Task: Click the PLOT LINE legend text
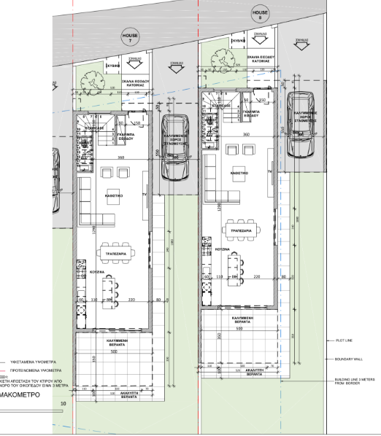point(345,340)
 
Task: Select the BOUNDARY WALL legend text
point(349,359)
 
